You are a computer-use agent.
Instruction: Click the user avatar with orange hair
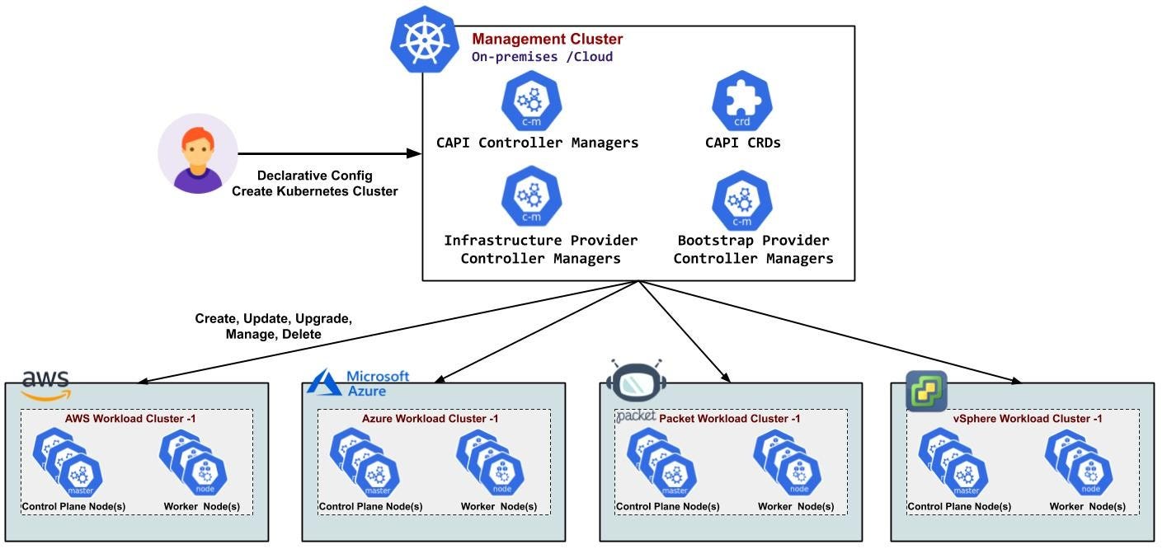click(198, 154)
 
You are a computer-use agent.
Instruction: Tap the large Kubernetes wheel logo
click(424, 40)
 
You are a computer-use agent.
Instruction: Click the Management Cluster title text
click(547, 39)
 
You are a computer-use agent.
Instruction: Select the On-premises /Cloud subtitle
click(542, 57)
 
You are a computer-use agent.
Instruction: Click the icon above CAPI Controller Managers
click(531, 100)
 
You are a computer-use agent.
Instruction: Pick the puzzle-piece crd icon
click(741, 100)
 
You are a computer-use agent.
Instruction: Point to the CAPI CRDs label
click(742, 143)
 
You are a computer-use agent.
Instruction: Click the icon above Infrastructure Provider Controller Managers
click(531, 198)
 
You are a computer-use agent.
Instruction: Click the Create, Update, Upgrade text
click(273, 318)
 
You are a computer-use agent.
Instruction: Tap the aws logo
click(46, 383)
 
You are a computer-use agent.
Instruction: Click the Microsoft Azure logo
click(359, 383)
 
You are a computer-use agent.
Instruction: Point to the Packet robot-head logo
click(635, 380)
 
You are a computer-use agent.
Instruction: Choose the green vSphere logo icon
click(926, 391)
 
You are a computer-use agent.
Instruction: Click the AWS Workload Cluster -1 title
click(129, 419)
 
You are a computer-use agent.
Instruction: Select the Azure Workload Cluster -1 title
click(430, 419)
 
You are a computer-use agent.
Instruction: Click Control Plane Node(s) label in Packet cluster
click(667, 506)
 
